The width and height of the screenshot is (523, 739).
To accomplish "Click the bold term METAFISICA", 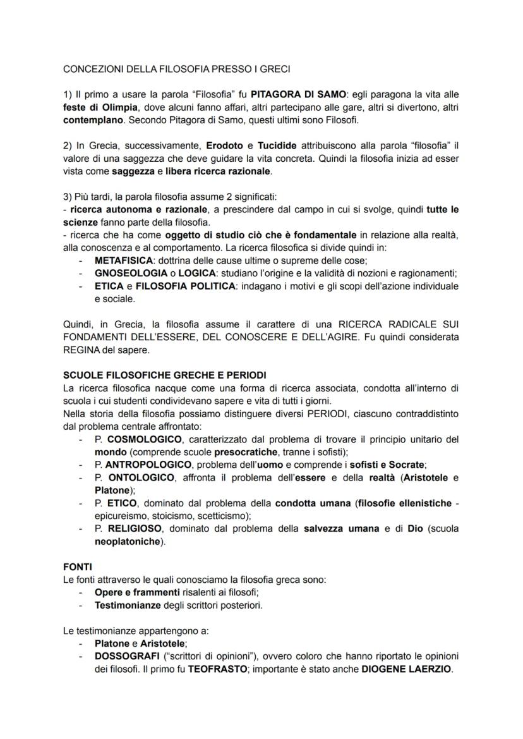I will pos(124,260).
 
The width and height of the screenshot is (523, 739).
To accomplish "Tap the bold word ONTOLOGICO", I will pos(141,477).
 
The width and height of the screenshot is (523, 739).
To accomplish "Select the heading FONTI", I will pos(78,567).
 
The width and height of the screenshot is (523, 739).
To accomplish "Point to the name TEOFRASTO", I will pos(217,669).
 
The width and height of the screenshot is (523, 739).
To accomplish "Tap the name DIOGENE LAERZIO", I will pos(407,669).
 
